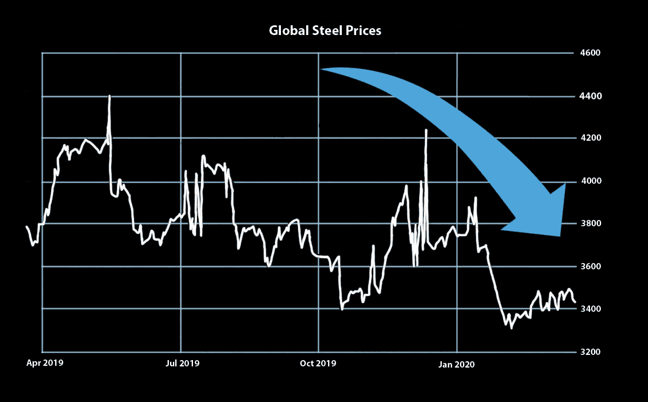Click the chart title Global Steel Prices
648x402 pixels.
325,31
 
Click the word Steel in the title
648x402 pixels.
325,31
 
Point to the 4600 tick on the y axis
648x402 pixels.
590,53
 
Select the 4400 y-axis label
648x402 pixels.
590,96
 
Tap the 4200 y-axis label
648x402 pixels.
590,138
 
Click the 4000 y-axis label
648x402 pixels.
590,181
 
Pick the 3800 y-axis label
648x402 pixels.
590,224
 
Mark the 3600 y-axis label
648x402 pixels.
590,266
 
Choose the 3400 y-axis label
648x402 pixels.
590,310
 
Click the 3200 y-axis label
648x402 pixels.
590,352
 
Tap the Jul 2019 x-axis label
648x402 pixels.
182,364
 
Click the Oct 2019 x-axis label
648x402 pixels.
318,364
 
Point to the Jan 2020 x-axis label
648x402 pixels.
457,364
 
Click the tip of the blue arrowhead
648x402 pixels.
560,235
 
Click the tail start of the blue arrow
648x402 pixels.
321,69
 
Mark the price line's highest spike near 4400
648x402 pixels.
109,96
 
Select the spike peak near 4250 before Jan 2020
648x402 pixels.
426,130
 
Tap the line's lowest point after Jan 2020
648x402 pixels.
511,328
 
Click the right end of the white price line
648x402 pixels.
576,302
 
